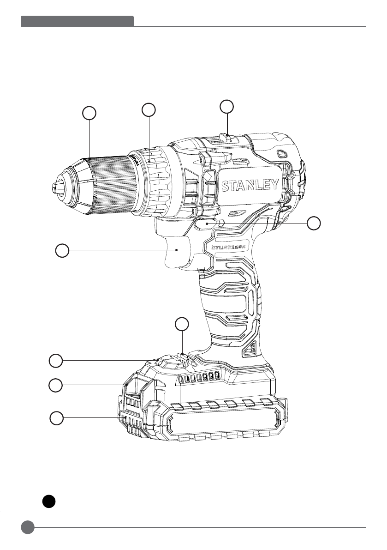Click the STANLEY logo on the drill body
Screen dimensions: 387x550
[x=250, y=186]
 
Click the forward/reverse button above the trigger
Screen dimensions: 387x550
[x=207, y=223]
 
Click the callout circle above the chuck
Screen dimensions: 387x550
[x=89, y=112]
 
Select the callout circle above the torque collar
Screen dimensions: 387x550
[x=149, y=109]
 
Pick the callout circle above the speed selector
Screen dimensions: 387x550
[x=226, y=106]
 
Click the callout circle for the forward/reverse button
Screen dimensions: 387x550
[x=314, y=223]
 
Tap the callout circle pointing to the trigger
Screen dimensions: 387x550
[x=62, y=251]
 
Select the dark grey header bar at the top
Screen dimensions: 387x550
[x=77, y=21]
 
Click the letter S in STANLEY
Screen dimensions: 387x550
[x=226, y=186]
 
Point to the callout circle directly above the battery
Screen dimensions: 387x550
[x=183, y=324]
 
